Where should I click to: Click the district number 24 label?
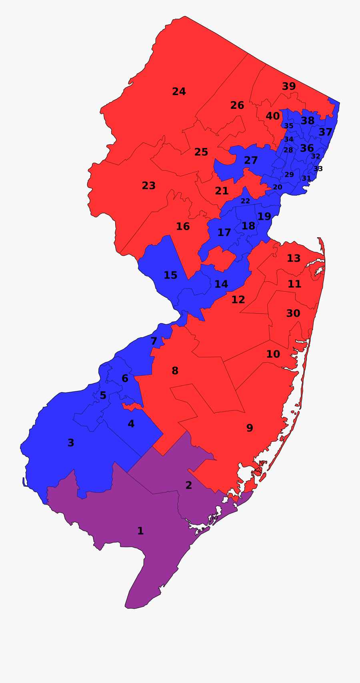(179, 92)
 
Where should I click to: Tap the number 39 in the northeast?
(289, 86)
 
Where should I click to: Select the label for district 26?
(237, 105)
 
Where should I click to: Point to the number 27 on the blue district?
(251, 160)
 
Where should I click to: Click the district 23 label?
(148, 186)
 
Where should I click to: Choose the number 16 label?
(183, 226)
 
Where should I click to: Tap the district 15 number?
(170, 275)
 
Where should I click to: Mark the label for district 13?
(294, 258)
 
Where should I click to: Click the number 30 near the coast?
(293, 313)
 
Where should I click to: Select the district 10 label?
(273, 354)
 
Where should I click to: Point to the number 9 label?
(250, 428)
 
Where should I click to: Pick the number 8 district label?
(175, 371)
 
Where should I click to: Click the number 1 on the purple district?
(140, 531)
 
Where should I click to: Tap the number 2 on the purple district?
(189, 485)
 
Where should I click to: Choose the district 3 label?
(71, 443)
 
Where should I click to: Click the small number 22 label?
(245, 201)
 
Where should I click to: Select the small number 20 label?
(277, 187)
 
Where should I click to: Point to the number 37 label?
(326, 132)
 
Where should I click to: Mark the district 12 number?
(238, 300)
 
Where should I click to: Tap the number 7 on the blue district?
(154, 341)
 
